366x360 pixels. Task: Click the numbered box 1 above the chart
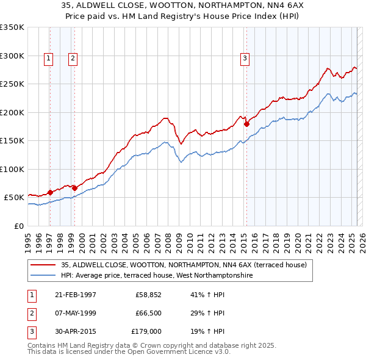tap(48, 59)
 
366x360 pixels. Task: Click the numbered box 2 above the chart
tap(72, 59)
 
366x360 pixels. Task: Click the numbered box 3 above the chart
tap(244, 59)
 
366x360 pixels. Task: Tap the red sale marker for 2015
tap(246, 124)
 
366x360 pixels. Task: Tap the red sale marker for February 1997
tap(50, 192)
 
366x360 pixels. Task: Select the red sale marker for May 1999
tap(74, 188)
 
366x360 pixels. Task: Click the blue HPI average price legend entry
tap(156, 275)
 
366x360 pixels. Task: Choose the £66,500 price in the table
tap(145, 313)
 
